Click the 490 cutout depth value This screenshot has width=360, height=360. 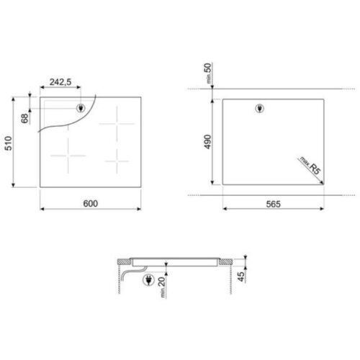[207, 142]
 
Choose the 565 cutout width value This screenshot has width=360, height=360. [272, 204]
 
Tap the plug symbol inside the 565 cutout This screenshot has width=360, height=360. [260, 109]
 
